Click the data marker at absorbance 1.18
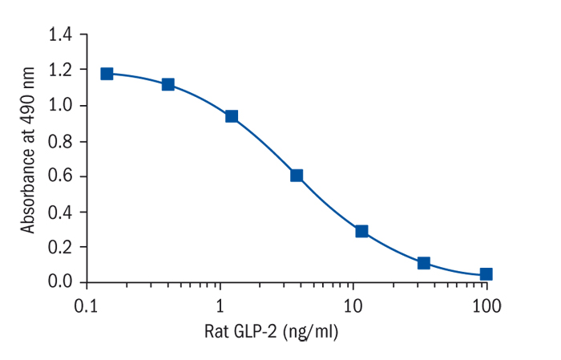click(x=107, y=74)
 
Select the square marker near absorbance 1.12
click(x=168, y=84)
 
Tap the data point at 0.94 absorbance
click(x=232, y=116)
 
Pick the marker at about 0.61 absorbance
click(x=297, y=175)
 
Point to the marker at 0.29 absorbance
click(x=361, y=231)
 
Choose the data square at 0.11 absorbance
click(x=424, y=263)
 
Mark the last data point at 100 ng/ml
click(x=486, y=273)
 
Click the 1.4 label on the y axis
click(x=61, y=35)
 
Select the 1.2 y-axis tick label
click(x=61, y=71)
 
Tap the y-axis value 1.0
click(x=61, y=106)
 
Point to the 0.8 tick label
click(x=61, y=141)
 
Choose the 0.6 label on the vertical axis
click(x=61, y=176)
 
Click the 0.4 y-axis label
click(x=61, y=212)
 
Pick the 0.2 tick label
click(x=61, y=247)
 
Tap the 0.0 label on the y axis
click(x=61, y=282)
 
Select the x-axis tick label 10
click(x=353, y=305)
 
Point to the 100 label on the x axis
click(x=486, y=305)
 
